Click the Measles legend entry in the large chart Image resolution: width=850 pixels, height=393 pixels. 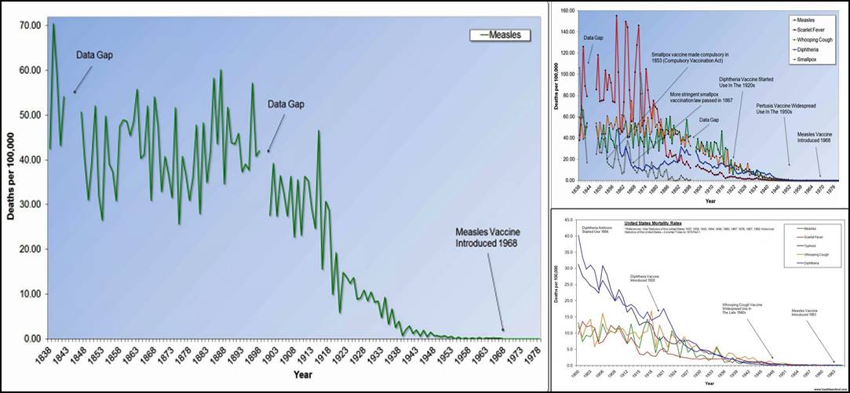501,35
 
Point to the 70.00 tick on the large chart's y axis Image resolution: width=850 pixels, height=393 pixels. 31,25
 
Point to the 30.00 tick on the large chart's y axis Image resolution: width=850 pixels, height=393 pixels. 31,204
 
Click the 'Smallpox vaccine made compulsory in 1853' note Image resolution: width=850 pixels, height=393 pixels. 690,58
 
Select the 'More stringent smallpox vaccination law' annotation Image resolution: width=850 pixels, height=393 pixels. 700,98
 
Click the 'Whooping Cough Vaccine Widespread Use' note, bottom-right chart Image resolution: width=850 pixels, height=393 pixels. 743,308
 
